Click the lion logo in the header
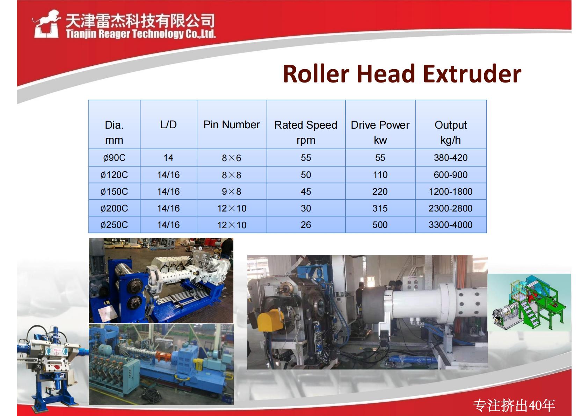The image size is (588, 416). coord(46,24)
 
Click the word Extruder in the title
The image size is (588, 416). coord(472,74)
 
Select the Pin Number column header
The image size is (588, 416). coord(232,124)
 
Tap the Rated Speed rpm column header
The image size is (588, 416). coord(306,132)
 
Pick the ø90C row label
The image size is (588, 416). coord(114,158)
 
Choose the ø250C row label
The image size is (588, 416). coord(114,225)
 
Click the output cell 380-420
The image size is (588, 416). coord(450,158)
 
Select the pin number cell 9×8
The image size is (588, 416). coord(232,192)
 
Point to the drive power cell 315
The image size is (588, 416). coord(380,208)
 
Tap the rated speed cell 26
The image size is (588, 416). coord(306,225)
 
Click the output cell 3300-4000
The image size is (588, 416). coord(450,225)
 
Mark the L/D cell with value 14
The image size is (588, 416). coord(168,158)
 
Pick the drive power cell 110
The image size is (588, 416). coord(380,175)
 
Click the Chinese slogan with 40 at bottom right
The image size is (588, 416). coord(514,405)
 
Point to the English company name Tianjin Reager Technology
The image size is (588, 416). coord(141,34)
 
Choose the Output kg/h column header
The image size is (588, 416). coord(450,132)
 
